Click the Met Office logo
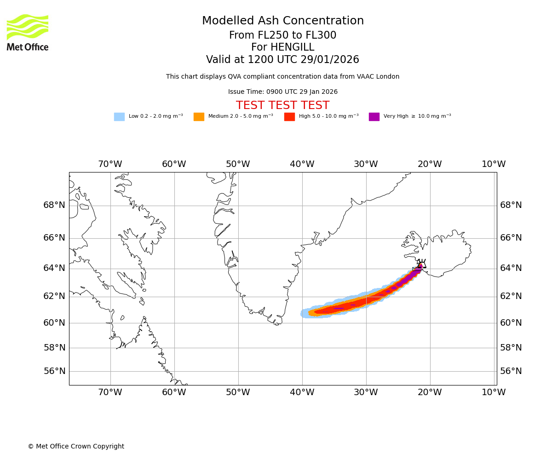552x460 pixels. coord(28,32)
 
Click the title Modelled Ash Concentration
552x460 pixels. coord(282,21)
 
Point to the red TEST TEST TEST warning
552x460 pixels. coord(282,105)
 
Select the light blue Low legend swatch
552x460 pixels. coord(119,117)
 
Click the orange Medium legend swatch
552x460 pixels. coord(199,117)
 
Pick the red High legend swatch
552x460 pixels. coord(289,117)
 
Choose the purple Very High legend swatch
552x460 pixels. coord(374,117)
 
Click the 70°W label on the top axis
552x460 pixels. coord(110,164)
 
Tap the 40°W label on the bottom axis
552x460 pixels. coord(302,392)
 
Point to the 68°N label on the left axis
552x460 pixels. coord(54,205)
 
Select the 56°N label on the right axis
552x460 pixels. coord(511,371)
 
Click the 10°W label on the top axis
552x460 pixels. coord(494,164)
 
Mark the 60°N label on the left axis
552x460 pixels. coord(54,323)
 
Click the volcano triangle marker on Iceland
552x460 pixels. coord(422,265)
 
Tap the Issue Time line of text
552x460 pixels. coord(282,92)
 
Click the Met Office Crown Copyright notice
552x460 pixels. coord(76,447)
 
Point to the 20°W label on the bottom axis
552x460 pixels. coord(430,392)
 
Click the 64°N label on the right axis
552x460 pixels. coord(511,268)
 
